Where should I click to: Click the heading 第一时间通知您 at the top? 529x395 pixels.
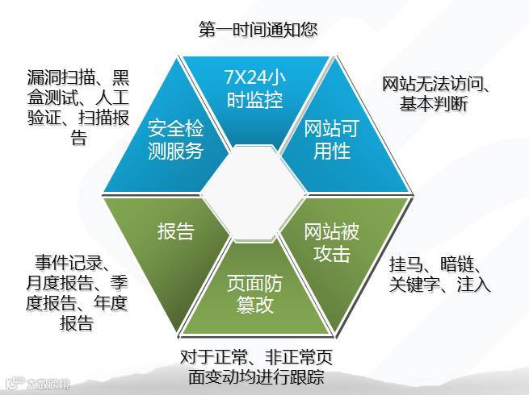(x=258, y=29)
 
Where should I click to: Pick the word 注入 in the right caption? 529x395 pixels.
(x=472, y=284)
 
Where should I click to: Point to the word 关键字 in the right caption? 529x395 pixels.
(x=415, y=284)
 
